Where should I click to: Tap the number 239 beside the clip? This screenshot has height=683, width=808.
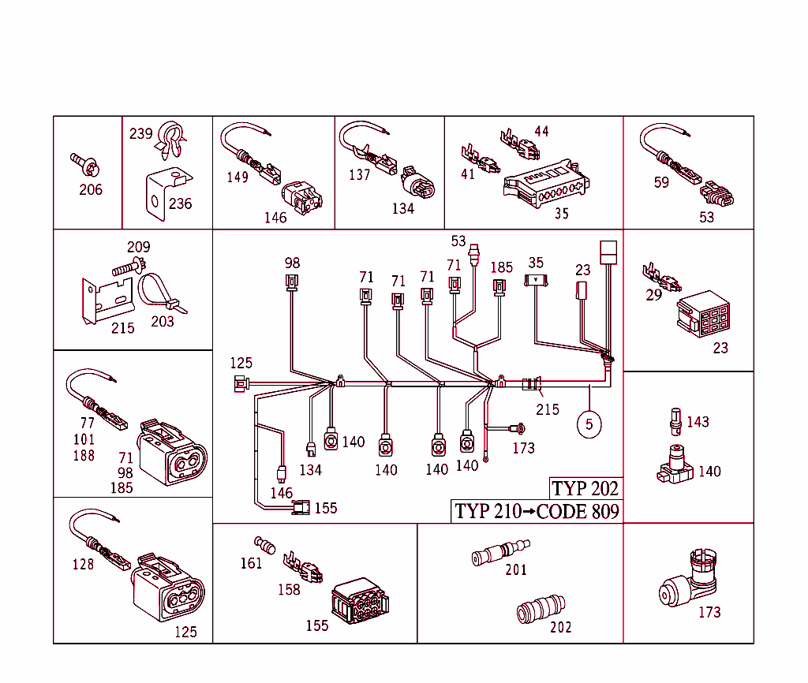pos(141,134)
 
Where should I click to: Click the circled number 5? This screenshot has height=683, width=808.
pos(589,424)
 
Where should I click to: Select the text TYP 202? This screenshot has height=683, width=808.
pos(585,488)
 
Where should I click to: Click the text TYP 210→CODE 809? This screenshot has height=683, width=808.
pos(537,511)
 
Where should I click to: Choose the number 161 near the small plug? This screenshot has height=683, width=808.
pos(252,563)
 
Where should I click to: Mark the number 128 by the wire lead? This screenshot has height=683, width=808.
pos(83,564)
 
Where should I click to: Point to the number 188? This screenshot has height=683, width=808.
pos(84,455)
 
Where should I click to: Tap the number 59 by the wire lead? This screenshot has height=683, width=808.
pos(661,182)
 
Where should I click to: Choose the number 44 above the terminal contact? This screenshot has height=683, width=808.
pos(541,131)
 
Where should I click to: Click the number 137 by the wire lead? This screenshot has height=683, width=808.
pos(359,174)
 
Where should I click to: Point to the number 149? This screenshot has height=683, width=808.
pos(238,177)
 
